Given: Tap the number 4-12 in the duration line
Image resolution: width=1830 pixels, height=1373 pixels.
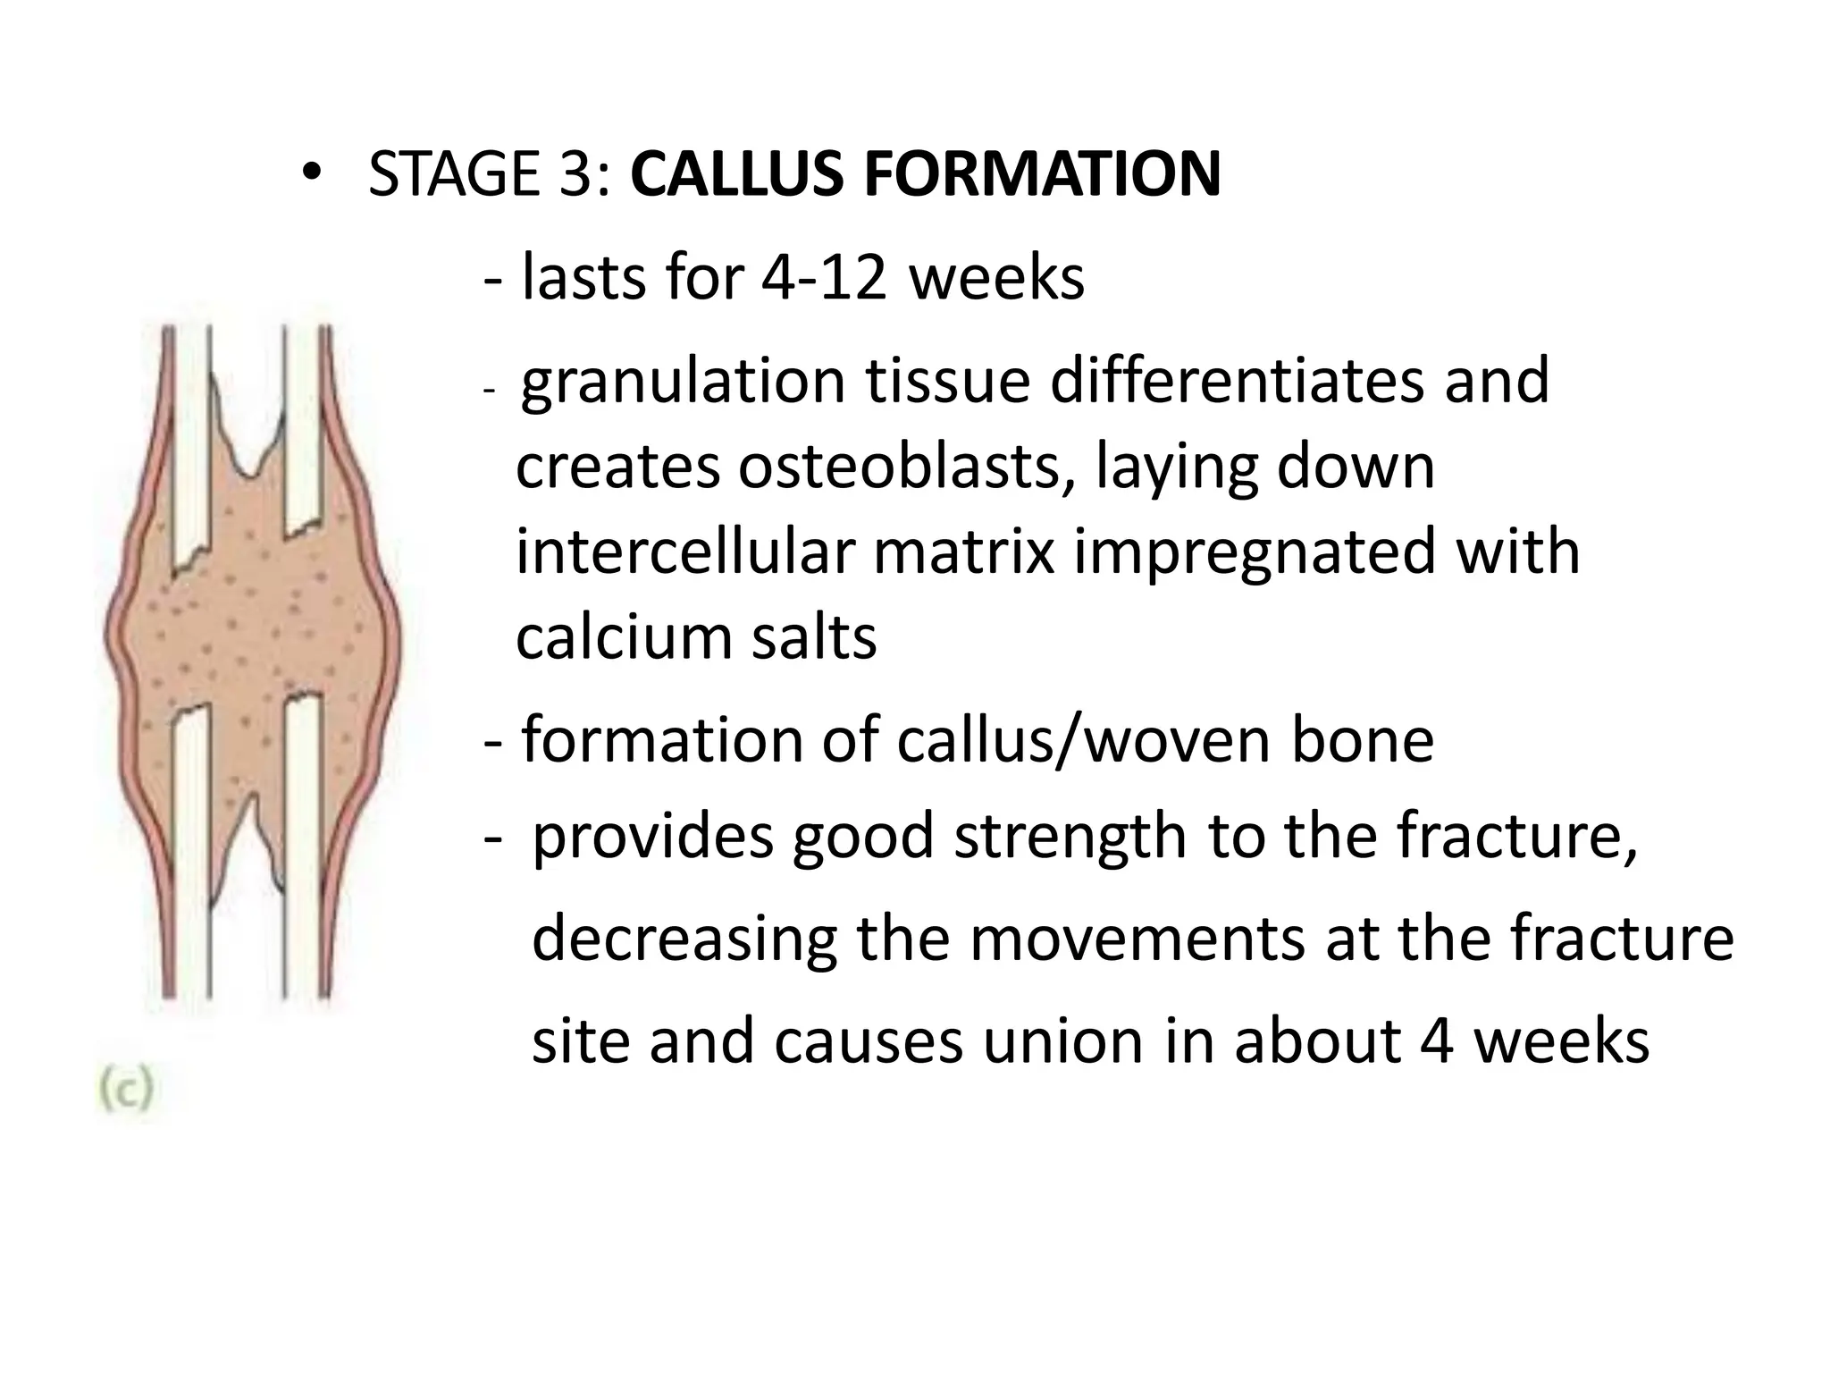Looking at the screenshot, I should [823, 277].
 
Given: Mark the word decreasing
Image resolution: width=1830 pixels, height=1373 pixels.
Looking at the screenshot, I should [684, 940].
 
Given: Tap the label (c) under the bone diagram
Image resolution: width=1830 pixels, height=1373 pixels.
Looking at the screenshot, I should [125, 1091].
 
